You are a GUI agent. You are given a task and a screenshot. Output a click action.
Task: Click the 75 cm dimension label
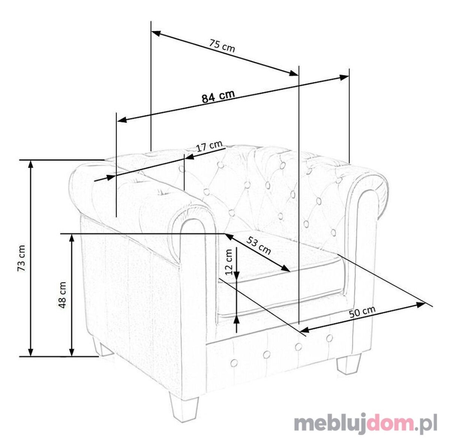(x=222, y=46)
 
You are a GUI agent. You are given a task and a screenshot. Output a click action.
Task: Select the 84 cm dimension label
(x=218, y=96)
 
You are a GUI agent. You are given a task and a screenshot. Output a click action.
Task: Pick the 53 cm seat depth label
(x=259, y=245)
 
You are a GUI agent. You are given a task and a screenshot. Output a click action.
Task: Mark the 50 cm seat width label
(x=362, y=312)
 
